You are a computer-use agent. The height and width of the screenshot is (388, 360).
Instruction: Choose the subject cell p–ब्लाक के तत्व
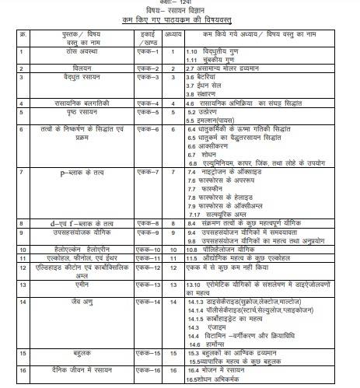(x=72, y=170)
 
